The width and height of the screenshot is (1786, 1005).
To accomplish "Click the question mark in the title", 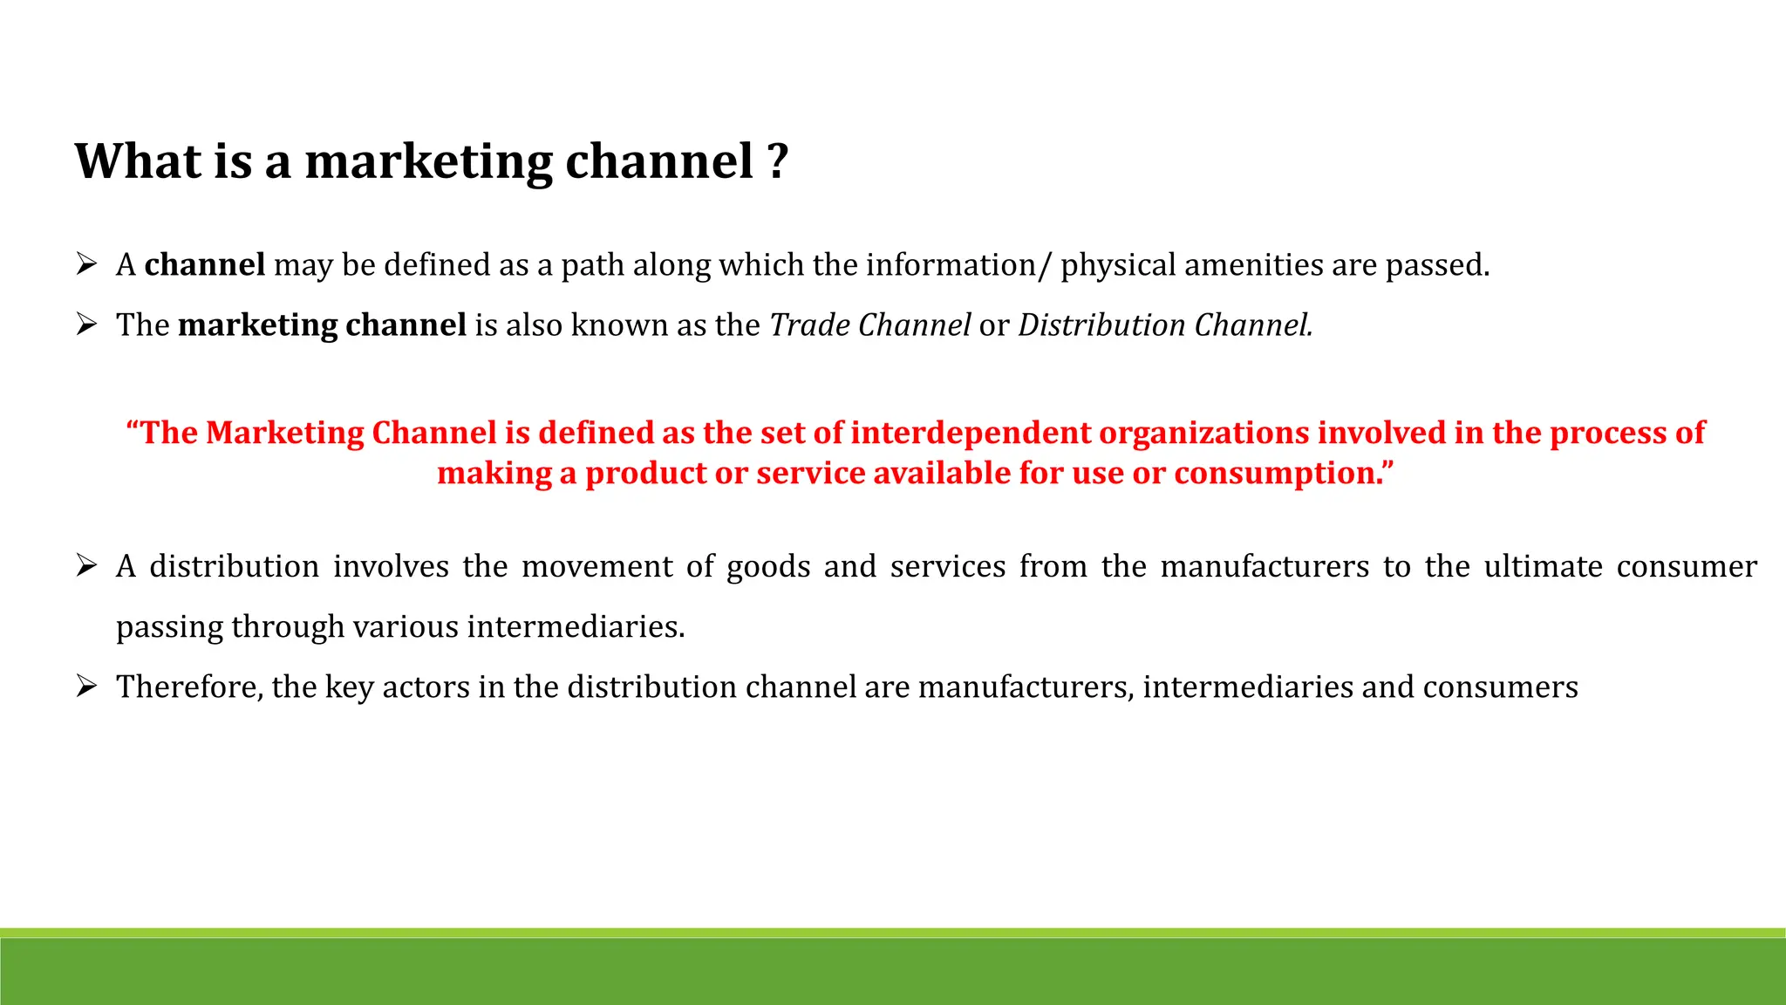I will [778, 161].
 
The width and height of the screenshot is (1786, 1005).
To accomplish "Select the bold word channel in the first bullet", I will [204, 265].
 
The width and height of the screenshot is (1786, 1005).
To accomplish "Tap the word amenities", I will [1252, 265].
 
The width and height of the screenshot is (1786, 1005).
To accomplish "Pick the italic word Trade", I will [809, 325].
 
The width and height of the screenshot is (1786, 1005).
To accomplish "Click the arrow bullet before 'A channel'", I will [85, 263].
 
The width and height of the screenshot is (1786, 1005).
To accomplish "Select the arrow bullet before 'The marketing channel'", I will [85, 325].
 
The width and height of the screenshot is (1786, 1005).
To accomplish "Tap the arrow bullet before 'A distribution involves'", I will [85, 565].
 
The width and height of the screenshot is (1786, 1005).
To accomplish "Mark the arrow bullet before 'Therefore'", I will [85, 686].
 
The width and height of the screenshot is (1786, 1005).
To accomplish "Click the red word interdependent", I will [971, 433].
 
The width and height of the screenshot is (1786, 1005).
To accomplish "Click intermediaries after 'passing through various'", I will [576, 627].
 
